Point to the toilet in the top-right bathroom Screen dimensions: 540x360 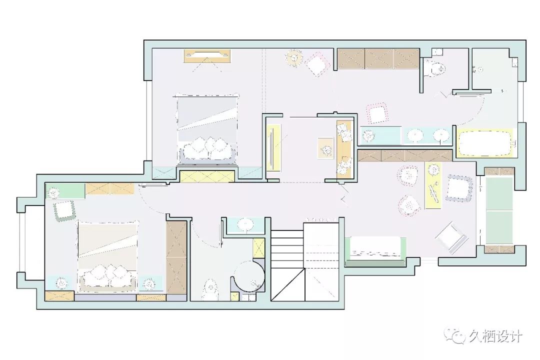pos(435,68)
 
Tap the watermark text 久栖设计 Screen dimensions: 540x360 pos(494,336)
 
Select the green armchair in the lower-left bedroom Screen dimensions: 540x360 pos(64,210)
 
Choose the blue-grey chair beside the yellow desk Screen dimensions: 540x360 pos(459,188)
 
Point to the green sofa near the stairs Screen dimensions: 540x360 pos(375,251)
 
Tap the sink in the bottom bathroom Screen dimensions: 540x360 pos(245,224)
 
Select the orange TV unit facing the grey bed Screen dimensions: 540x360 pos(207,56)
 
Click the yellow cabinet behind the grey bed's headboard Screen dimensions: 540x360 pos(207,176)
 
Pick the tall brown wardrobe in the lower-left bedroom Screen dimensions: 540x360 pos(176,257)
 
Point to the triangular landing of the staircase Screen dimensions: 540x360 pos(288,285)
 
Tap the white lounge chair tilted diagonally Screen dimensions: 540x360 pos(451,236)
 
